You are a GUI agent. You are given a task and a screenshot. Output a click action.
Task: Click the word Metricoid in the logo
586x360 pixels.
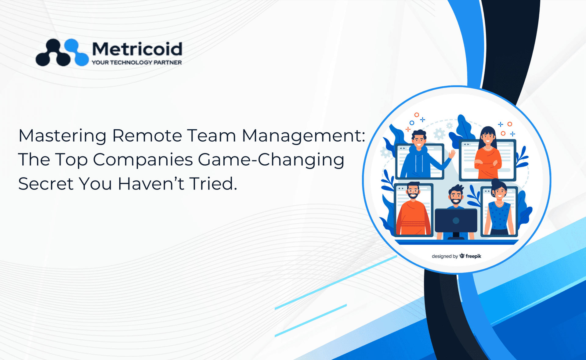[x=137, y=49]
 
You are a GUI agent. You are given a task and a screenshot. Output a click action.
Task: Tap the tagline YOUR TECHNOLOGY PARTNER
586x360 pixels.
[x=137, y=63]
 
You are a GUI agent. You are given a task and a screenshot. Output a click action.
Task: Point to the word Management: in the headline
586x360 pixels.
[x=304, y=136]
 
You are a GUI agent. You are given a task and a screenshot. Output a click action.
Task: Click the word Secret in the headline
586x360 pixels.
[x=46, y=184]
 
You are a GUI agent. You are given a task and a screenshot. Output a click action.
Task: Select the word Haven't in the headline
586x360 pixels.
[x=151, y=184]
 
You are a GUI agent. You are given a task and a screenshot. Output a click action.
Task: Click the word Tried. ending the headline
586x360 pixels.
[x=213, y=184]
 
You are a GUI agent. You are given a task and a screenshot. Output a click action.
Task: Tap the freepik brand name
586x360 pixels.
[x=473, y=256]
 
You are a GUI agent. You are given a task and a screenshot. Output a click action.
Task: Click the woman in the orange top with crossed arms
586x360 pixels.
[x=488, y=153]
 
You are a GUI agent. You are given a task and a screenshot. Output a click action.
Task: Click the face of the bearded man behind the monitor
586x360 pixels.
[x=456, y=196]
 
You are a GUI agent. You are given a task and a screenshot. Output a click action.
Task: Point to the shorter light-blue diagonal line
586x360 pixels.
[x=311, y=320]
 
